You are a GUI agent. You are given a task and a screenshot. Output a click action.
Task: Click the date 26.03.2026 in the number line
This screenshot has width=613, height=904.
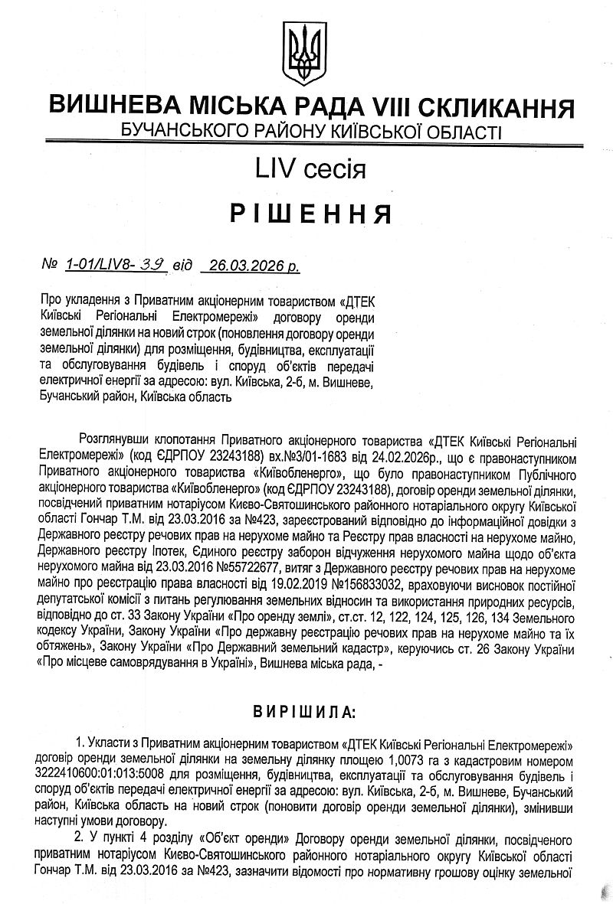coord(244,265)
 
